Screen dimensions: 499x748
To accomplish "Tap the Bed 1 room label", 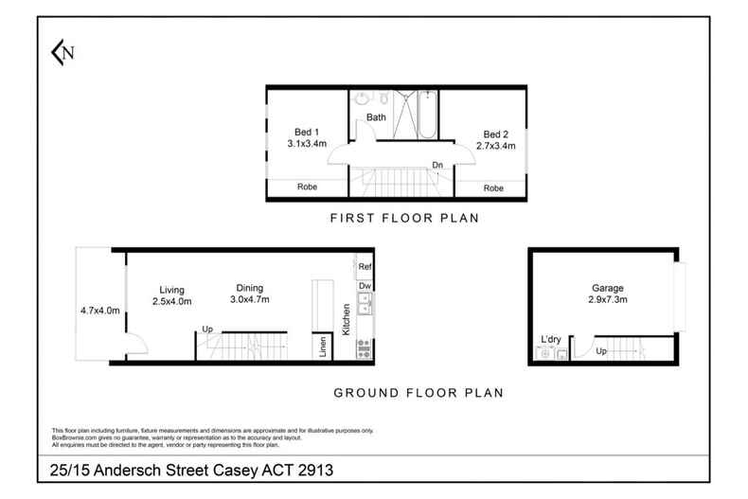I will [306, 132].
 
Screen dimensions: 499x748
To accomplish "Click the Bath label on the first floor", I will [377, 117].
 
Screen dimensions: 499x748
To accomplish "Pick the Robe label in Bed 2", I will [493, 188].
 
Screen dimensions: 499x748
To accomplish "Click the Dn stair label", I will [437, 165].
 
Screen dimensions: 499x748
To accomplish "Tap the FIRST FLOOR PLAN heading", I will [403, 218].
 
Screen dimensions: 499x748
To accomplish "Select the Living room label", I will [171, 290].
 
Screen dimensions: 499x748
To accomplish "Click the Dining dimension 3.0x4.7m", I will [250, 301].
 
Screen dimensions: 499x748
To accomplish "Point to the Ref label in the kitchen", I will [365, 268].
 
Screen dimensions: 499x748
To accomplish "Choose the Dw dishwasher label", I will [365, 285].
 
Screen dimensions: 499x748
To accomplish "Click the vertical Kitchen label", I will [347, 321].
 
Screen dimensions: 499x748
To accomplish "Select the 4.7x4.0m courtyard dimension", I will [99, 310].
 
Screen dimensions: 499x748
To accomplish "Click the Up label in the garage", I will [601, 350].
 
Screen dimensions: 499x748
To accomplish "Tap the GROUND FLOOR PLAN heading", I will [417, 391].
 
